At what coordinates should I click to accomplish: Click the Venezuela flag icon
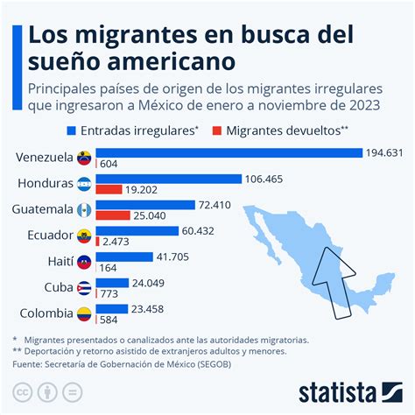[x=84, y=158]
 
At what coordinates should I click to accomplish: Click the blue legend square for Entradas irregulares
[x=71, y=130]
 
